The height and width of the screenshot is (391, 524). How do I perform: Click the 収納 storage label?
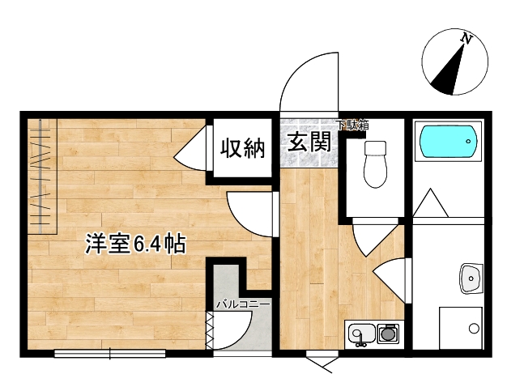241,148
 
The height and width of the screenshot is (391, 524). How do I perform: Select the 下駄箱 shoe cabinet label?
353,125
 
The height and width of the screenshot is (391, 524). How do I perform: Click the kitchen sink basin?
360,334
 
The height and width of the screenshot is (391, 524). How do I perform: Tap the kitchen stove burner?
388,333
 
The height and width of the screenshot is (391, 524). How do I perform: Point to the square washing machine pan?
459,328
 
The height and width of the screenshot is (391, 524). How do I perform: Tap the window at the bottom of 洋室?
110,352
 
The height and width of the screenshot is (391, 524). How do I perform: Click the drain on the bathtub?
467,143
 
